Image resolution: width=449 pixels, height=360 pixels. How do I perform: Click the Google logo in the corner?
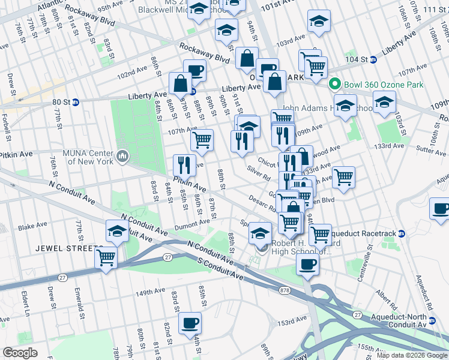click(x=20, y=352)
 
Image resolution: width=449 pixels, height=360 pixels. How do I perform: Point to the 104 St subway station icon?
click(x=372, y=59)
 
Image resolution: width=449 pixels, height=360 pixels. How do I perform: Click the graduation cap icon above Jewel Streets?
click(x=117, y=231)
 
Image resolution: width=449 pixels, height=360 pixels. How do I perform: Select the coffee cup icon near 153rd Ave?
click(x=190, y=323)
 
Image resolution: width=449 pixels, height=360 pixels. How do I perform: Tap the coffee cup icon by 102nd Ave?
click(x=194, y=70)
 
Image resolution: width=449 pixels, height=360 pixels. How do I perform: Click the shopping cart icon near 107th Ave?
click(x=202, y=140)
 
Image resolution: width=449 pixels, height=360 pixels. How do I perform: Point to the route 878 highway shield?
click(x=285, y=290)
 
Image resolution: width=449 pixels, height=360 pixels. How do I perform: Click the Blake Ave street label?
click(x=32, y=227)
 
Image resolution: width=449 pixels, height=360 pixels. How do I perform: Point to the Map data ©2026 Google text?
click(x=412, y=355)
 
